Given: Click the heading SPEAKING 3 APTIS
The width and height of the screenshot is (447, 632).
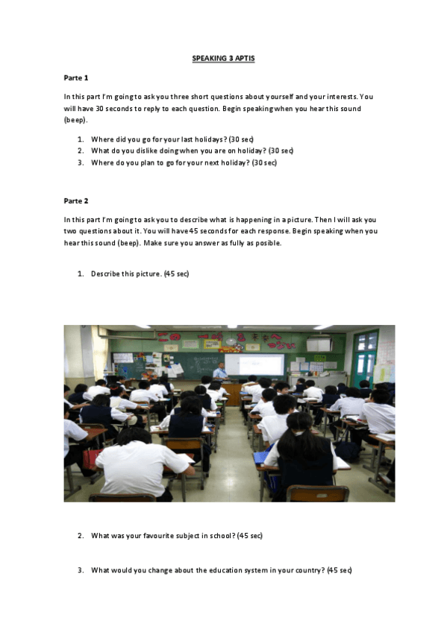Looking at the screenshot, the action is point(223,58).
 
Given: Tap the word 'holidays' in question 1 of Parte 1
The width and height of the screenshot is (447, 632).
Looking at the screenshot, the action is point(207,139).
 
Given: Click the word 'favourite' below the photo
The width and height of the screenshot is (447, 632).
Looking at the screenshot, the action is point(154,536).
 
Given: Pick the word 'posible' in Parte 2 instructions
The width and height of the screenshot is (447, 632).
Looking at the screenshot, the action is point(266,243).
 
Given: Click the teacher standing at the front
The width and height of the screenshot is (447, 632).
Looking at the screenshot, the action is point(219,370).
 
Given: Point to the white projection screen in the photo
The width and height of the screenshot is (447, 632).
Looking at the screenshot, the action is point(254,364).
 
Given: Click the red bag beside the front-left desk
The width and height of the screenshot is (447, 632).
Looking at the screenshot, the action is point(90,458).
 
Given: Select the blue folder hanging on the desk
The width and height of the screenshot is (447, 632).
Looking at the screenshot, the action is point(260,456).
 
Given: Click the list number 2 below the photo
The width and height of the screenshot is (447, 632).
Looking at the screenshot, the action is point(81,536).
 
